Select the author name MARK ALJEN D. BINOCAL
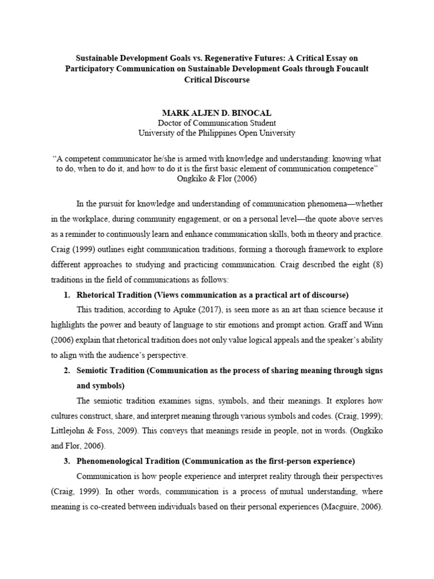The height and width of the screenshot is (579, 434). click(216, 113)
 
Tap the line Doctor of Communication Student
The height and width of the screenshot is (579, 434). click(216, 123)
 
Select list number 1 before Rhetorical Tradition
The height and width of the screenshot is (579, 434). click(66, 279)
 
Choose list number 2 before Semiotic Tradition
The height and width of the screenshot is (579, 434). click(66, 370)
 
